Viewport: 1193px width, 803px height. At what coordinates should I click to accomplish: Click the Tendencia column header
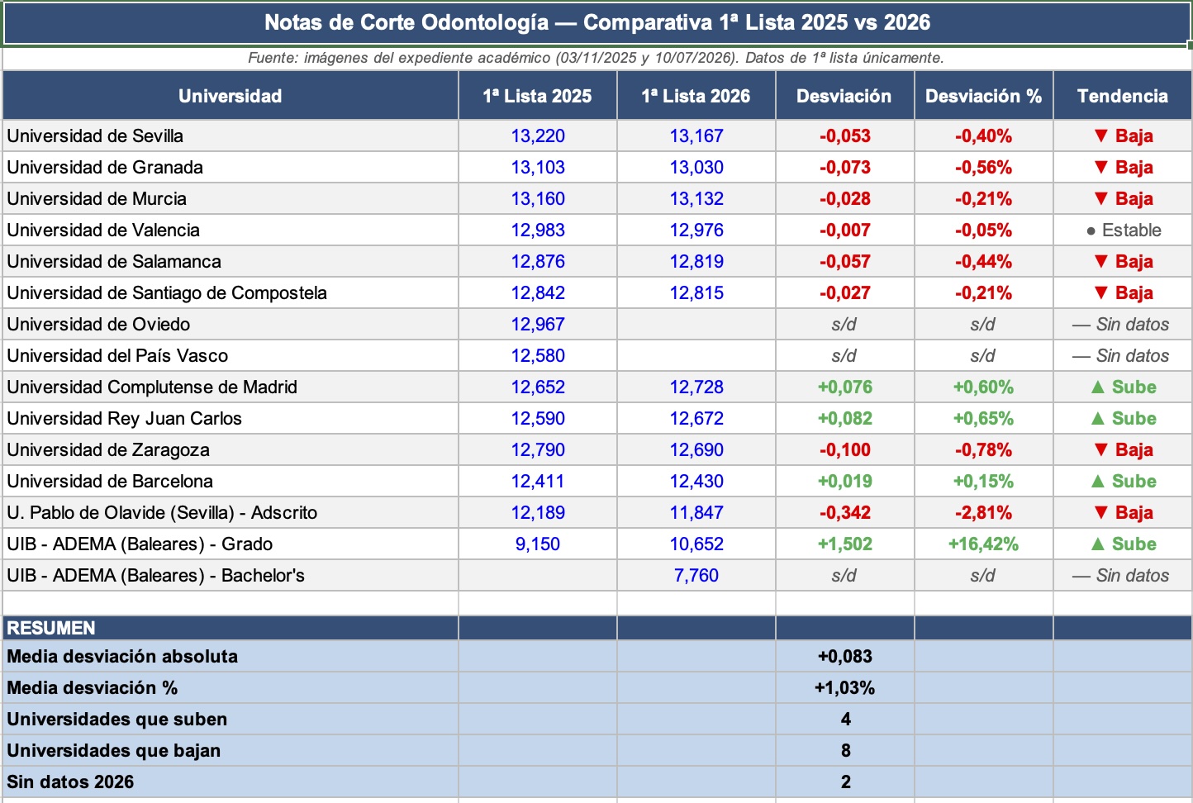click(1122, 96)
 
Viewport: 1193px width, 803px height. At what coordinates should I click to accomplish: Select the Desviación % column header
click(983, 96)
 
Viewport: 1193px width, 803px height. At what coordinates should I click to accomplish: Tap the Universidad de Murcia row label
click(97, 198)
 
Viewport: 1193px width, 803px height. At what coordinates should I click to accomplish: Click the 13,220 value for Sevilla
click(537, 135)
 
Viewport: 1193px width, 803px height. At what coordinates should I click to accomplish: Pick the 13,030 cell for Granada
click(696, 167)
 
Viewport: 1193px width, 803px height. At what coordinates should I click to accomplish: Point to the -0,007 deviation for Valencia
click(844, 230)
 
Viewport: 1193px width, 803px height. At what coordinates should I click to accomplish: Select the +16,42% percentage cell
click(983, 544)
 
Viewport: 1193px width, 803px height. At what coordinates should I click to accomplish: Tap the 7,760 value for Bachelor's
click(696, 575)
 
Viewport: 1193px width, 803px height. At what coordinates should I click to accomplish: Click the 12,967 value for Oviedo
click(537, 325)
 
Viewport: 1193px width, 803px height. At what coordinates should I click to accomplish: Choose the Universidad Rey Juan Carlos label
click(124, 419)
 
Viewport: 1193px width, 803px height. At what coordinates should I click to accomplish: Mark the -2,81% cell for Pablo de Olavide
click(983, 512)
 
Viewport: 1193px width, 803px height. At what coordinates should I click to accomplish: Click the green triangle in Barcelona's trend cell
click(1098, 481)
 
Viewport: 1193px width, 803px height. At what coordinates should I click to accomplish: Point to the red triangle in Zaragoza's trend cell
click(1101, 449)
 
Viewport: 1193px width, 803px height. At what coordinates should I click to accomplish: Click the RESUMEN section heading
click(50, 628)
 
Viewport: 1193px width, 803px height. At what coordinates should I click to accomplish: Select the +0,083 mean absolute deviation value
click(844, 656)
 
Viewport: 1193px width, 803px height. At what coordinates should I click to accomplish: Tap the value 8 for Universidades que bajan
click(846, 750)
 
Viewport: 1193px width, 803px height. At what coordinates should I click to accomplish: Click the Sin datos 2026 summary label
click(70, 782)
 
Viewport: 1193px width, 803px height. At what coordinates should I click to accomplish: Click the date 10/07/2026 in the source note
click(694, 58)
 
